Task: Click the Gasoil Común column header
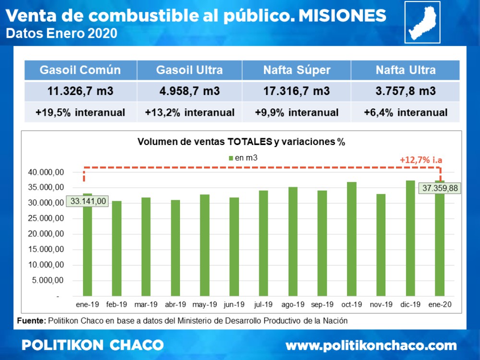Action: [x=80, y=70]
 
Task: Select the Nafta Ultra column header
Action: [x=406, y=70]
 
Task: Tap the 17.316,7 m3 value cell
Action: [x=296, y=91]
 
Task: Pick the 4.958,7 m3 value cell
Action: [x=189, y=91]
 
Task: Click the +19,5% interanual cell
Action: [x=80, y=113]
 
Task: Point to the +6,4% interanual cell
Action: [x=406, y=113]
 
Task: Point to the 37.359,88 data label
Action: [x=440, y=188]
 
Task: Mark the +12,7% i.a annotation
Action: [x=421, y=160]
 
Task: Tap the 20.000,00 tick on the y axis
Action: [x=47, y=234]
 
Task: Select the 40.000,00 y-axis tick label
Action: [x=47, y=172]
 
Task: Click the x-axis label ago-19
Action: [x=293, y=305]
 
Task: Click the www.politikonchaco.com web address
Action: [x=371, y=345]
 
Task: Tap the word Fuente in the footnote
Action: [x=31, y=320]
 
